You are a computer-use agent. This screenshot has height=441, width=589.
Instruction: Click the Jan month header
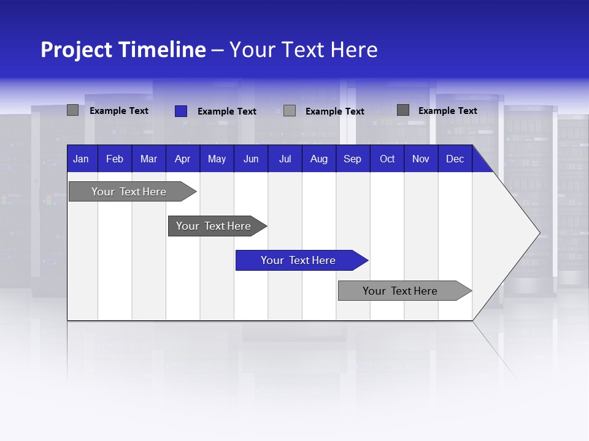coord(81,159)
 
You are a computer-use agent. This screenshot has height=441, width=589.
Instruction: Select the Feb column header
coord(115,159)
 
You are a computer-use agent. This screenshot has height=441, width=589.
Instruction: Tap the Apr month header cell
coord(182,159)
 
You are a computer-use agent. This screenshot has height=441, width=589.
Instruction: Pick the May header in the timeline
coord(217,159)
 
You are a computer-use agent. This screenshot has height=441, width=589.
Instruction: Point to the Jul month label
coord(285,159)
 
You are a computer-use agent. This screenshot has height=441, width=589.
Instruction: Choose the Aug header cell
coord(318,159)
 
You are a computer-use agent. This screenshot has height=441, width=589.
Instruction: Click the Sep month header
coord(352,159)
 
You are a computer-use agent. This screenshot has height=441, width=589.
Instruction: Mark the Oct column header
coord(387,159)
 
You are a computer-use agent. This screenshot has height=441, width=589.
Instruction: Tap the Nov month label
coord(421,159)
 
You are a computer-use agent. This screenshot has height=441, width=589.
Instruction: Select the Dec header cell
coord(455,159)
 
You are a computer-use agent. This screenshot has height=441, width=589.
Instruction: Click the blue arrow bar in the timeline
coord(299,260)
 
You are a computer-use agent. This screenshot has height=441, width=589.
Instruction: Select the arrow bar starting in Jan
coord(129,192)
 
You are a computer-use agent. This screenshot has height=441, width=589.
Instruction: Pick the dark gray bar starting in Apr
coord(214,226)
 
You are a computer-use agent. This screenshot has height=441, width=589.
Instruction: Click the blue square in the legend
coord(180,111)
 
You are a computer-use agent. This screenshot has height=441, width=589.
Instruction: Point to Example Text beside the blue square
coord(226,111)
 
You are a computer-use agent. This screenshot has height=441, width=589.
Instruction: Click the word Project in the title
coord(76,50)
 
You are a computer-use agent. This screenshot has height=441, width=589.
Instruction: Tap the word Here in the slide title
coord(354,50)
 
